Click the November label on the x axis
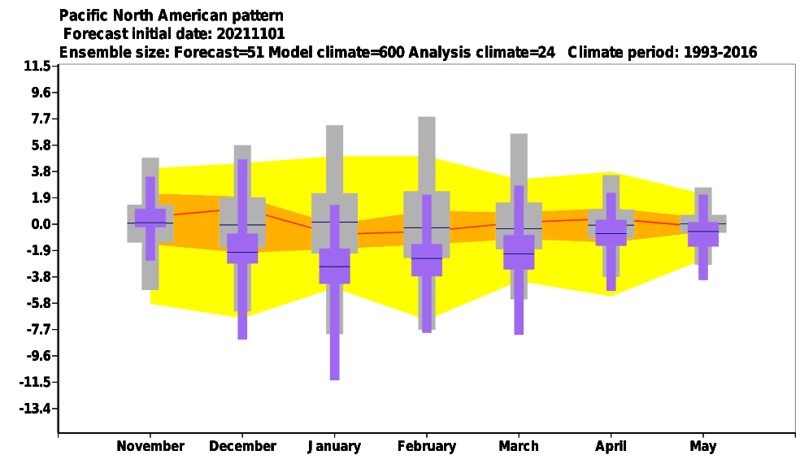click(x=150, y=446)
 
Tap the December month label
click(x=242, y=446)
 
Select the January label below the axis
click(x=334, y=447)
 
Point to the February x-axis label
click(x=427, y=447)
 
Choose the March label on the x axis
click(x=519, y=446)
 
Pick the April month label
click(x=611, y=447)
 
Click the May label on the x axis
click(x=703, y=447)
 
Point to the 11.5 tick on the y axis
click(x=37, y=67)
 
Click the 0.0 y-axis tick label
click(x=41, y=224)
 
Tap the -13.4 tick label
click(x=35, y=409)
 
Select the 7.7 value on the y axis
click(x=41, y=119)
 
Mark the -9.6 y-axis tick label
click(x=38, y=356)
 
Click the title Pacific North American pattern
click(x=172, y=15)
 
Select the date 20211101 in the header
click(x=250, y=33)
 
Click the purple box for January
click(x=335, y=266)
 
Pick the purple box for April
click(x=611, y=233)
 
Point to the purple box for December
click(x=242, y=249)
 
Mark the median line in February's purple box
click(x=427, y=258)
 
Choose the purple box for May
click(x=703, y=235)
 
